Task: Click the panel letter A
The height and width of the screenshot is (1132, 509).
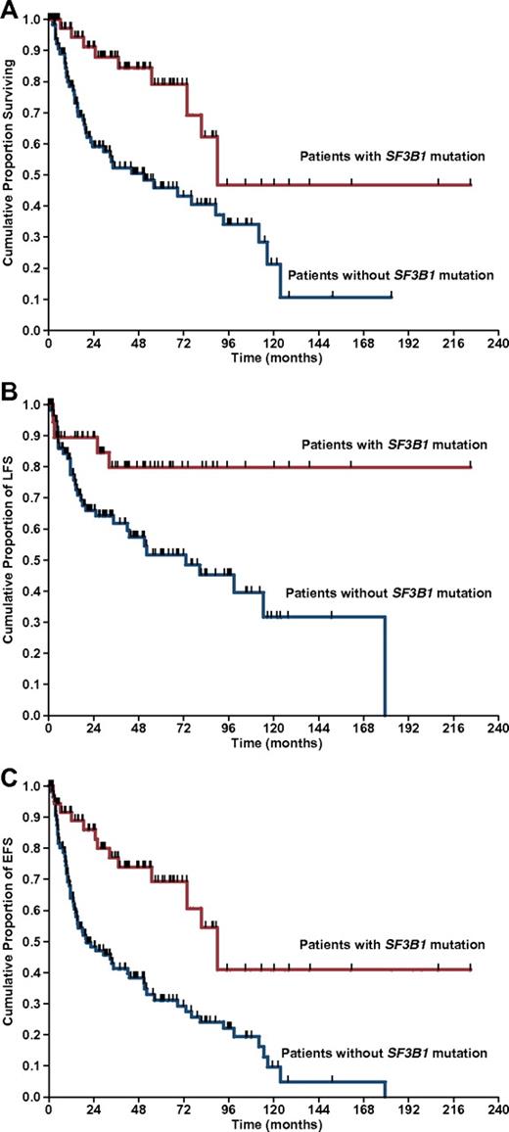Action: tap(8, 9)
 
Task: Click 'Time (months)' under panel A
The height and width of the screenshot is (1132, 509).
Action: tap(272, 358)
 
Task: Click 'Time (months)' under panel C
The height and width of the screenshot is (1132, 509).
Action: tap(272, 1123)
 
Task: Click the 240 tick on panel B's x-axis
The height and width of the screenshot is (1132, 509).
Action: tap(496, 729)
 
